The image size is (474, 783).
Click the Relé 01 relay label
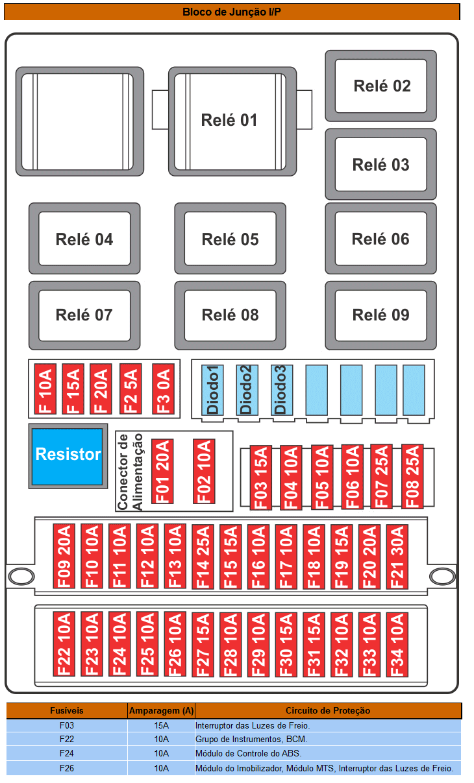[x=229, y=120]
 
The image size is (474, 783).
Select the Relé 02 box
[x=380, y=86]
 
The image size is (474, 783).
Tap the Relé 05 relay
[x=230, y=239]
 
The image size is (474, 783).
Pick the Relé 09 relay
[x=380, y=315]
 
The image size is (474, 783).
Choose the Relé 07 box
[x=84, y=315]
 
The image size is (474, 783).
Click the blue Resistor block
[x=68, y=456]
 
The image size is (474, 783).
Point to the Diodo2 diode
[x=247, y=390]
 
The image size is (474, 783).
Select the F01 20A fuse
[x=162, y=471]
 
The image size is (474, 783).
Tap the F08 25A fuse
[x=412, y=477]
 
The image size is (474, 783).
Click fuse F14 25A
[x=203, y=557]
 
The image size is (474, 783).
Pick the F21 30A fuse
[x=397, y=557]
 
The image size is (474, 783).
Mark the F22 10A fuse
[x=64, y=644]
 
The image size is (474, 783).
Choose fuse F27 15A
[x=203, y=644]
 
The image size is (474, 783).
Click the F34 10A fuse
[x=397, y=644]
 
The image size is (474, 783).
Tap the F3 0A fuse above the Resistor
[x=164, y=389]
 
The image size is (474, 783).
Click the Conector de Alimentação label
[x=130, y=472]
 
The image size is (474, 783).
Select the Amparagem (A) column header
[x=161, y=710]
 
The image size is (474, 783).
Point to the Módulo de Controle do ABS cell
[x=249, y=753]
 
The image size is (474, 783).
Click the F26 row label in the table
[x=66, y=768]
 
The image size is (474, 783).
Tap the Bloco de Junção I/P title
[x=232, y=12]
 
